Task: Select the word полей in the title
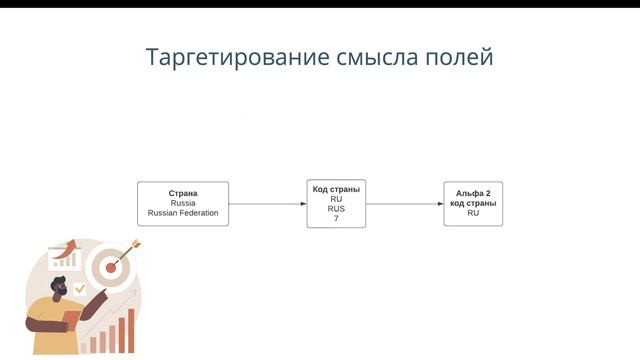pyautogui.click(x=461, y=57)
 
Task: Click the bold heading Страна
pyautogui.click(x=183, y=193)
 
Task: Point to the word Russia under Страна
pyautogui.click(x=183, y=203)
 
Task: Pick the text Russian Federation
pyautogui.click(x=183, y=213)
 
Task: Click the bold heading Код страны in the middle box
pyautogui.click(x=336, y=188)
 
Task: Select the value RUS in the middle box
pyautogui.click(x=336, y=208)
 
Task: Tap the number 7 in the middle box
pyautogui.click(x=336, y=218)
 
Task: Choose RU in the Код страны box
pyautogui.click(x=336, y=198)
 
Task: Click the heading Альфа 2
pyautogui.click(x=473, y=193)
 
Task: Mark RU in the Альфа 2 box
pyautogui.click(x=473, y=213)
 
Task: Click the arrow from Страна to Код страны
pyautogui.click(x=267, y=204)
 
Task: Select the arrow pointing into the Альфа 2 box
pyautogui.click(x=405, y=204)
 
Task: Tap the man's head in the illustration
pyautogui.click(x=60, y=290)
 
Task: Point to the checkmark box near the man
pyautogui.click(x=79, y=288)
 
